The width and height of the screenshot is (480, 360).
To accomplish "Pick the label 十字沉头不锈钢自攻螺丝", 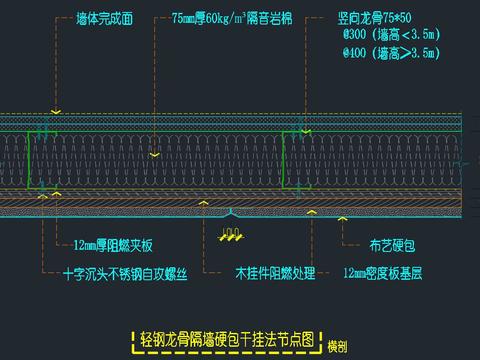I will [x=124, y=270].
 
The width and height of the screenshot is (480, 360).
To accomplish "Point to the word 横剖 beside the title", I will [x=337, y=344].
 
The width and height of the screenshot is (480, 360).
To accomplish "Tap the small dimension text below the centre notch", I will [x=230, y=235].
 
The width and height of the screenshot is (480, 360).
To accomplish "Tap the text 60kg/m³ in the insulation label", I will [x=229, y=18].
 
